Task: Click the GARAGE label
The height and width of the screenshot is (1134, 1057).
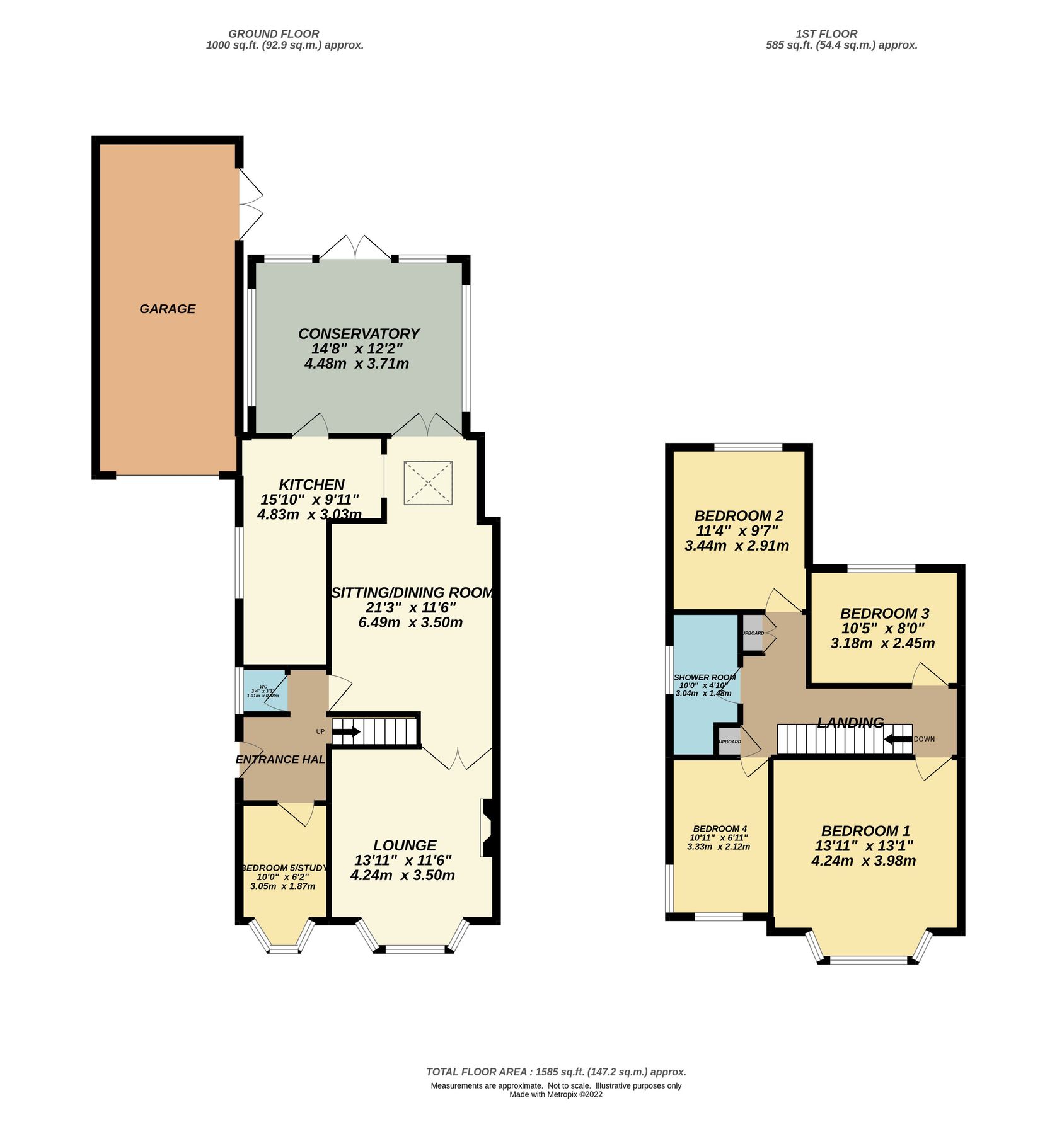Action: click(x=167, y=309)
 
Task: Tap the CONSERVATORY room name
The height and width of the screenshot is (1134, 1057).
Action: click(x=359, y=333)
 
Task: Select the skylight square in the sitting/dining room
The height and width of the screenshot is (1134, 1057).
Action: click(x=428, y=483)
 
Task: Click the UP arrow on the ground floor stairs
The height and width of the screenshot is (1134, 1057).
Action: click(x=346, y=732)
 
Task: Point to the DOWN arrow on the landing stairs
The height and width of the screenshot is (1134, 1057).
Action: click(x=898, y=739)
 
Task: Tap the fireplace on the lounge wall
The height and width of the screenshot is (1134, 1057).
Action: click(x=487, y=828)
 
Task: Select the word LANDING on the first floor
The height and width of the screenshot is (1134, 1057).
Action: click(x=850, y=723)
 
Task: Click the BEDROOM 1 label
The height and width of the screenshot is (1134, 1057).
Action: click(x=865, y=831)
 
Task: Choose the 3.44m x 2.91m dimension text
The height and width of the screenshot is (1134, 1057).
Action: click(x=736, y=546)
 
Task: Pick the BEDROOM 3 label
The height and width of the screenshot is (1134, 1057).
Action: click(x=884, y=613)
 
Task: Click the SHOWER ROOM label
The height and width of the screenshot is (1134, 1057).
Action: click(x=705, y=677)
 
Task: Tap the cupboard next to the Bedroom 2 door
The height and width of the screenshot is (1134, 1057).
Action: click(x=753, y=633)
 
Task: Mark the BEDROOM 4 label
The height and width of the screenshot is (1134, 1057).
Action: click(x=719, y=828)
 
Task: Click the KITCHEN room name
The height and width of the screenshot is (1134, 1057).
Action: click(x=311, y=484)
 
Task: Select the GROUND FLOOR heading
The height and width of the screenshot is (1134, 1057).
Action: click(x=274, y=34)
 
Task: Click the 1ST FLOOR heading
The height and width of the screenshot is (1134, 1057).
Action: click(x=826, y=34)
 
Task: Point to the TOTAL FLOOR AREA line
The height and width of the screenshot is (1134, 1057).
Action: click(x=556, y=1072)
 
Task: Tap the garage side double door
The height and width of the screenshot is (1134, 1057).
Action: click(x=250, y=203)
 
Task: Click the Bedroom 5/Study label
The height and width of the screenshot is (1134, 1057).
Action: click(x=284, y=868)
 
